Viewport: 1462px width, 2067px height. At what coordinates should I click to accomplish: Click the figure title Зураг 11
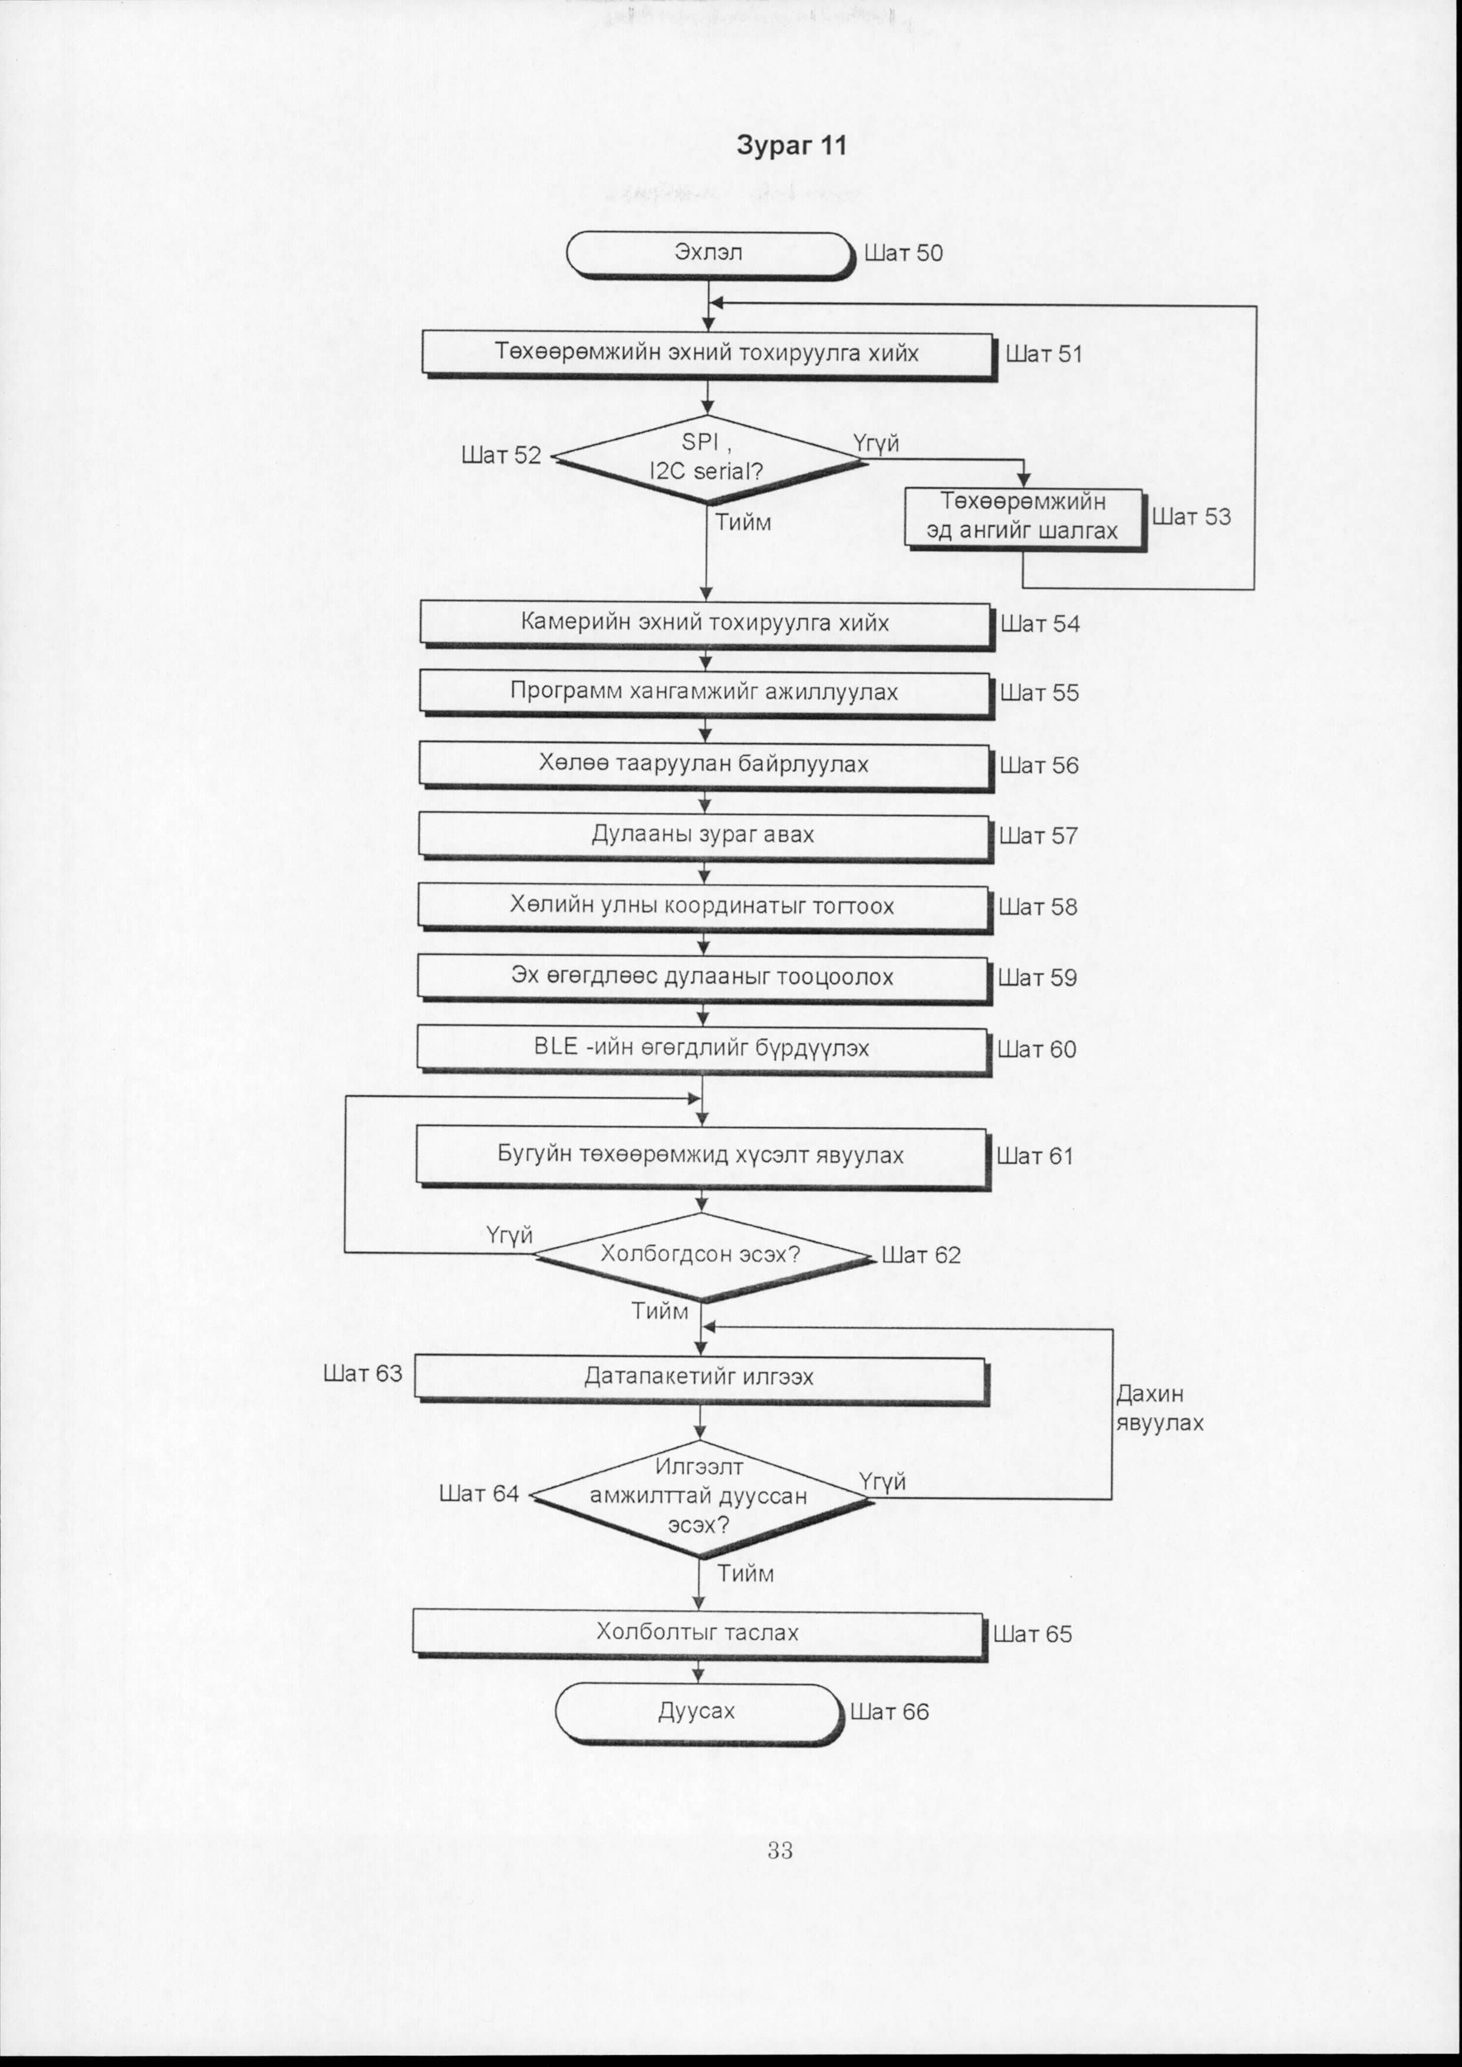pyautogui.click(x=791, y=146)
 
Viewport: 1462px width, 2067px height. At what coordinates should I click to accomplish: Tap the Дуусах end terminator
pyautogui.click(x=699, y=1712)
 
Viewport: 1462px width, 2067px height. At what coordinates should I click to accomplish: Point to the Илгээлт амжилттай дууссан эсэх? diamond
pyautogui.click(x=700, y=1496)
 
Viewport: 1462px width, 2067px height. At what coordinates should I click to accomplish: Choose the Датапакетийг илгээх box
pyautogui.click(x=702, y=1377)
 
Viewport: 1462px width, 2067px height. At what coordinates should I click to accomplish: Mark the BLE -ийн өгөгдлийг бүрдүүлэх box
pyautogui.click(x=703, y=1050)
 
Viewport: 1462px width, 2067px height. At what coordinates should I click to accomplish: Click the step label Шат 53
pyautogui.click(x=1191, y=517)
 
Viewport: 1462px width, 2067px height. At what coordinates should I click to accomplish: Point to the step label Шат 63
pyautogui.click(x=363, y=1374)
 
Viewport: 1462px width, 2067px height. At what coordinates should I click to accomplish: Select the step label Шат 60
pyautogui.click(x=1037, y=1050)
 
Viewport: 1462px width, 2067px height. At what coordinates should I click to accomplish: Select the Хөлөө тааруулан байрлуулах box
pyautogui.click(x=705, y=765)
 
